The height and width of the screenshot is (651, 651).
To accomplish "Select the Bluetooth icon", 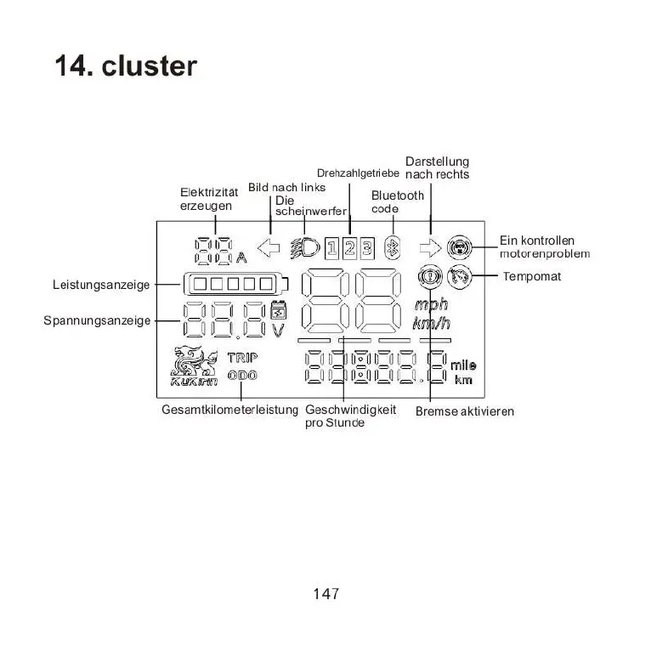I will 393,248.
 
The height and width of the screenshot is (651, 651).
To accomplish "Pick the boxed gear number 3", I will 366,248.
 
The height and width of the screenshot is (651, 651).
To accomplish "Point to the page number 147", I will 325,594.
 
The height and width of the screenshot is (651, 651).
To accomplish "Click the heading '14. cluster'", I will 126,65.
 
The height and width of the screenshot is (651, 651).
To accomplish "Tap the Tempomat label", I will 532,277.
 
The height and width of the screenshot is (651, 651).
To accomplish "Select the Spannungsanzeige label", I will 98,320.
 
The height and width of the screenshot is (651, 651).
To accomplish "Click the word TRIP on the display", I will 242,358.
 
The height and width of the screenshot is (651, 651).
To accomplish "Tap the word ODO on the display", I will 242,376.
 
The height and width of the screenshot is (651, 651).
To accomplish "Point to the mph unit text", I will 431,304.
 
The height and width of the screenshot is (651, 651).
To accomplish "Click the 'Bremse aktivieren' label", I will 465,411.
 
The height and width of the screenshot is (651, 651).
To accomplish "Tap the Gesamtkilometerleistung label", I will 229,410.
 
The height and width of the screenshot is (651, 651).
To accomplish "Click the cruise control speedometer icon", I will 461,276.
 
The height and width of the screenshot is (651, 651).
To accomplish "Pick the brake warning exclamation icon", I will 430,276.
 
